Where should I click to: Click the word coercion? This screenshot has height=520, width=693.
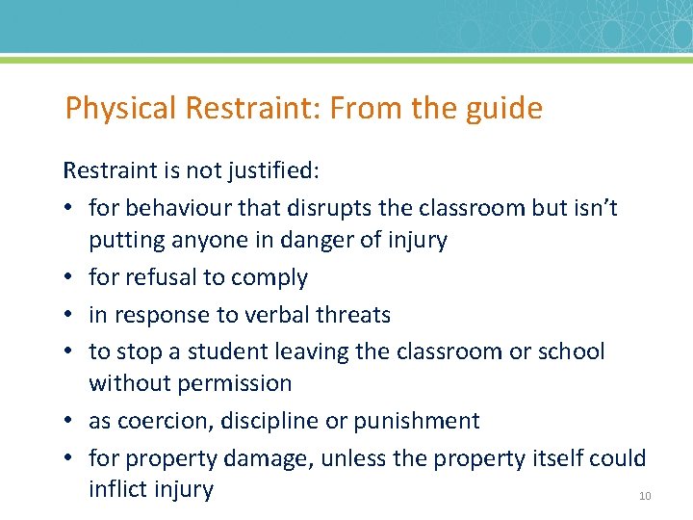click(x=165, y=421)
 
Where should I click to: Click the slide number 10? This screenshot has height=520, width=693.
click(x=645, y=496)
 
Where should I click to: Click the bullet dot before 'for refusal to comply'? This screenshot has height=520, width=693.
click(x=70, y=278)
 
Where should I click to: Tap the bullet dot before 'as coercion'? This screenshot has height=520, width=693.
click(x=70, y=421)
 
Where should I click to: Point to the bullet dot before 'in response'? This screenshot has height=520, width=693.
click(x=70, y=315)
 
